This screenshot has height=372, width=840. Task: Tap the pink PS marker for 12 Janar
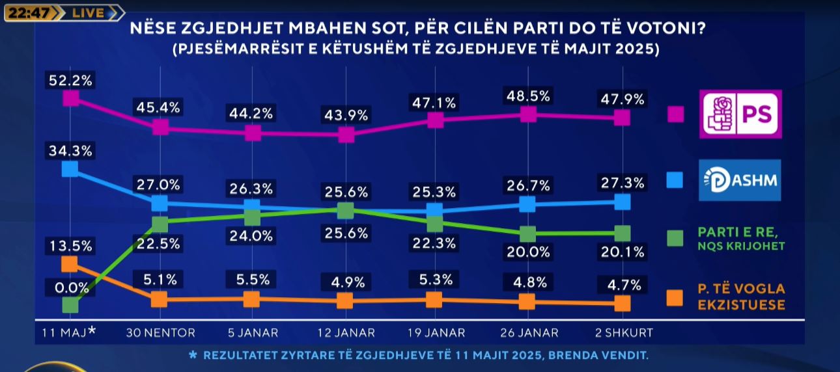(346, 135)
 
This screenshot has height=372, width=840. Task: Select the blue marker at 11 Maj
(70, 169)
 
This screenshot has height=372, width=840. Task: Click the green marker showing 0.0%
(70, 304)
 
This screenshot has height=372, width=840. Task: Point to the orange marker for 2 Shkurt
(623, 304)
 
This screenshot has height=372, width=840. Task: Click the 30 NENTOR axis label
(160, 332)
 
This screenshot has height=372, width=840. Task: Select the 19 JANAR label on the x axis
(436, 332)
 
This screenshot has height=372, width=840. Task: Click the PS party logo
(740, 114)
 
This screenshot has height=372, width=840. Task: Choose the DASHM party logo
(740, 180)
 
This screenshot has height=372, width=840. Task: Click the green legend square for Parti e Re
(675, 239)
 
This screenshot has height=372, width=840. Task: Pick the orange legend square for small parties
(675, 297)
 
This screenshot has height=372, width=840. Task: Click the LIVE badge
(88, 13)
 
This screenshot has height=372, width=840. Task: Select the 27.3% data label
(622, 183)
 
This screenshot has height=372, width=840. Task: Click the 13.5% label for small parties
(70, 246)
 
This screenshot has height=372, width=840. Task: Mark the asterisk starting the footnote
(192, 356)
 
